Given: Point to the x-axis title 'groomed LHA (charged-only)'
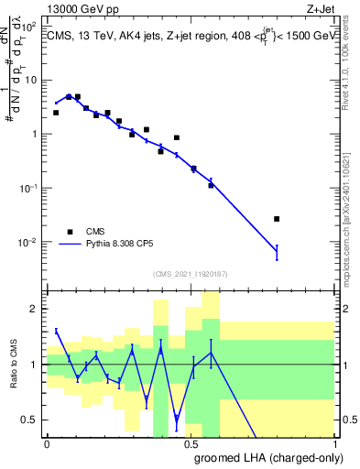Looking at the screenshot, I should [266, 457].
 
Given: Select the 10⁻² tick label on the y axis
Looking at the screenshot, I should [29, 243].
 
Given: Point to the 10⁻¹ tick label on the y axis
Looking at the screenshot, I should [29, 189].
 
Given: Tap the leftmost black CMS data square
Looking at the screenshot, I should [56, 113].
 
